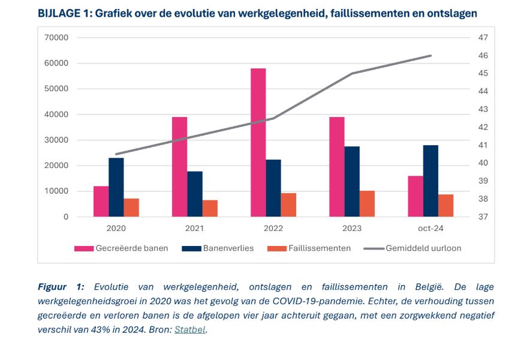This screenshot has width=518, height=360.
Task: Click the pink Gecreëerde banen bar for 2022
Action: [258, 142]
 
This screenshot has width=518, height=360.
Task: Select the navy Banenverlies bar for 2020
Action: [116, 187]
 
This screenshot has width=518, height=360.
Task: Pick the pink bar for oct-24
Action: [415, 196]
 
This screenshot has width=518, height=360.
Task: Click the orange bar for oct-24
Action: [445, 205]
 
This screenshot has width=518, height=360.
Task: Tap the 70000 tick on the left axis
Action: [56, 38]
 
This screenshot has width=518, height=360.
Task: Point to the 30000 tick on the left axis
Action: [56, 140]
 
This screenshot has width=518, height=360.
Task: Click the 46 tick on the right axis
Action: [483, 56]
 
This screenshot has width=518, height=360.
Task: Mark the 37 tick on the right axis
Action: [483, 217]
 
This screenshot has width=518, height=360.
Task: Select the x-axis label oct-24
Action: [430, 229]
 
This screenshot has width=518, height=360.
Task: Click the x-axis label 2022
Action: [273, 229]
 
